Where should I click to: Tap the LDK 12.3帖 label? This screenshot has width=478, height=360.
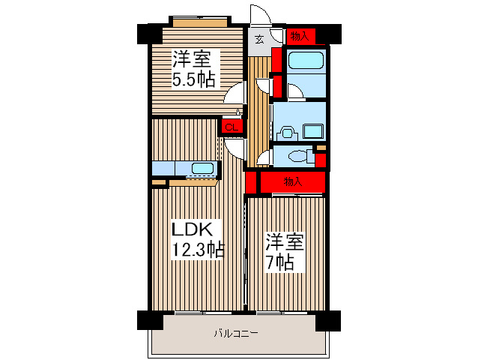point(198,239)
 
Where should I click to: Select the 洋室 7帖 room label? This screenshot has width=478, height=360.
point(285,252)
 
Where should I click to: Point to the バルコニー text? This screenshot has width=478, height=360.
point(236,333)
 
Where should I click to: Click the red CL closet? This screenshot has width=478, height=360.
point(232,127)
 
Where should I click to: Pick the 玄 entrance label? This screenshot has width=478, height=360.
point(259,39)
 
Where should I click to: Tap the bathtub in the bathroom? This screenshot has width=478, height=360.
point(306,60)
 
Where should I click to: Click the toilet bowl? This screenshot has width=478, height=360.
point(298,157)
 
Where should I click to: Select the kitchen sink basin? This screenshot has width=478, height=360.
point(202,168)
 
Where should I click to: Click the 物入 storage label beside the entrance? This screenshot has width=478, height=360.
point(300,36)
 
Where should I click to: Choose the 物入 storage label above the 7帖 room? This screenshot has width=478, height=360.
point(293,181)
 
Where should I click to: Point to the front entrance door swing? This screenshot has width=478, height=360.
point(261,15)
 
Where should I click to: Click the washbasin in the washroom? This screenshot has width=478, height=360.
point(287,133)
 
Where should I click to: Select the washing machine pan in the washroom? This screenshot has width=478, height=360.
point(313,131)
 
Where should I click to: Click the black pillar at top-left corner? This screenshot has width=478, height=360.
point(149,34)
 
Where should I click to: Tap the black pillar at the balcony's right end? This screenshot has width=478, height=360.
point(328,321)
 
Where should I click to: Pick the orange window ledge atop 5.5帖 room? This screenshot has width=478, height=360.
point(200,23)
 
